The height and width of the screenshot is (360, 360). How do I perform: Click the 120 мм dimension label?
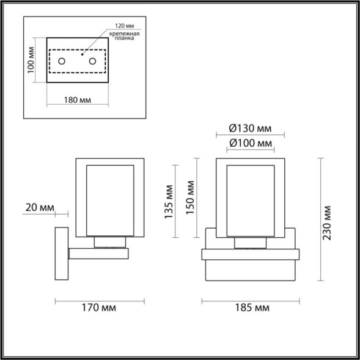click(126, 26)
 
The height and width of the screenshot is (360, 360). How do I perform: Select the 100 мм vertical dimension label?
click(32, 60)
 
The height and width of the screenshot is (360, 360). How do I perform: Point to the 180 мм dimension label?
click(78, 100)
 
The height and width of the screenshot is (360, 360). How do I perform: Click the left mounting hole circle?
click(62, 61)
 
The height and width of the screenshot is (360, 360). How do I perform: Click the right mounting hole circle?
click(93, 61)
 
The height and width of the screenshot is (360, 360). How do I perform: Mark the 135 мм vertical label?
click(169, 202)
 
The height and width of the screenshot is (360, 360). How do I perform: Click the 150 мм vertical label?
click(191, 196)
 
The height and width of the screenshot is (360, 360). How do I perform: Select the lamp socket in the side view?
click(111, 242)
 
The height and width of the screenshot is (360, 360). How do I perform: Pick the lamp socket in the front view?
click(251, 243)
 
